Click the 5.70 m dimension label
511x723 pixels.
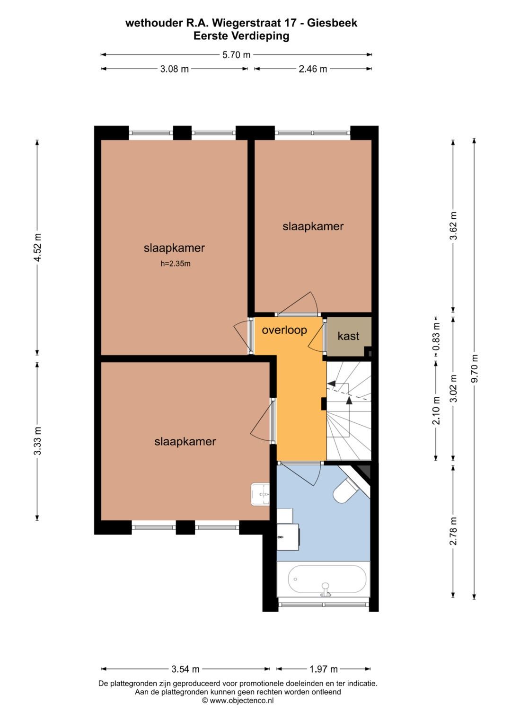[236, 55]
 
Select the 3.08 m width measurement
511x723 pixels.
[174, 69]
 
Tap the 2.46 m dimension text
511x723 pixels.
[313, 69]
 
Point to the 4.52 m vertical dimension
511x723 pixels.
[38, 247]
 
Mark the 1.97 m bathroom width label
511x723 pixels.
[324, 669]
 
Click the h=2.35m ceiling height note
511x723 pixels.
[175, 264]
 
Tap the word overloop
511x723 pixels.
[284, 330]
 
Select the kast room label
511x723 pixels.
[348, 336]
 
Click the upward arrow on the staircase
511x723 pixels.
[349, 401]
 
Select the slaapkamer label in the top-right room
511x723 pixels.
[313, 226]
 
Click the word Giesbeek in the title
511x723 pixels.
[332, 23]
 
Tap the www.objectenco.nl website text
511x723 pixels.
[241, 700]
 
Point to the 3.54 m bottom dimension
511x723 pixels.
[185, 669]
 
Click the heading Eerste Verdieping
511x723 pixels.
[241, 36]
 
